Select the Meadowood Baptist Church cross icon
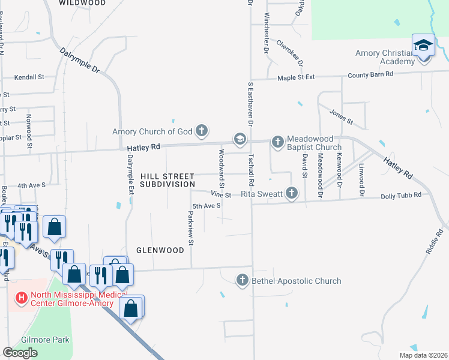tap(277, 142)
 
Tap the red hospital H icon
tap(22, 297)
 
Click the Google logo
tap(20, 353)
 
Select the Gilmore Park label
tap(45, 340)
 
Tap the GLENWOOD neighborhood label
tap(159, 250)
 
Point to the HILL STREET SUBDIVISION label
tap(167, 180)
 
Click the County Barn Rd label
tap(372, 74)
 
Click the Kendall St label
tap(30, 77)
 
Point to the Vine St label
tap(221, 195)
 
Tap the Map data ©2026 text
tap(423, 355)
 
